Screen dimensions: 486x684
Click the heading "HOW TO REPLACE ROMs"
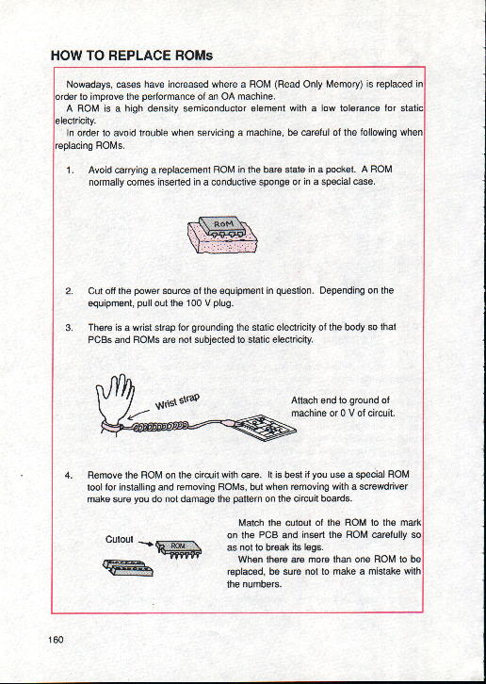coord(132,56)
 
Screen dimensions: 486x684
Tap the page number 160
coord(57,640)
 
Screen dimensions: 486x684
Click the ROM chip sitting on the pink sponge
coord(222,227)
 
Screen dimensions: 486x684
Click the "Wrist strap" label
coord(177,402)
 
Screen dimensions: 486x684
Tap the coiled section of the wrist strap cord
coord(160,426)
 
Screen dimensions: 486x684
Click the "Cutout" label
coord(119,539)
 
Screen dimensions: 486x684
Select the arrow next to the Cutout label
coord(145,544)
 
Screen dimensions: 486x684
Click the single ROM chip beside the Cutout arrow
coord(178,548)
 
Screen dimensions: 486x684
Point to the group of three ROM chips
coord(127,567)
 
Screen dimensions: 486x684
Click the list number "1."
coord(70,170)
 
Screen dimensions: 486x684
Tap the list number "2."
coord(69,290)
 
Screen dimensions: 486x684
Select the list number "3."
coord(69,327)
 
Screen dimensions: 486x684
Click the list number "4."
coord(69,475)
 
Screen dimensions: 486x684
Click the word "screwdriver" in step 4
coord(386,486)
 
